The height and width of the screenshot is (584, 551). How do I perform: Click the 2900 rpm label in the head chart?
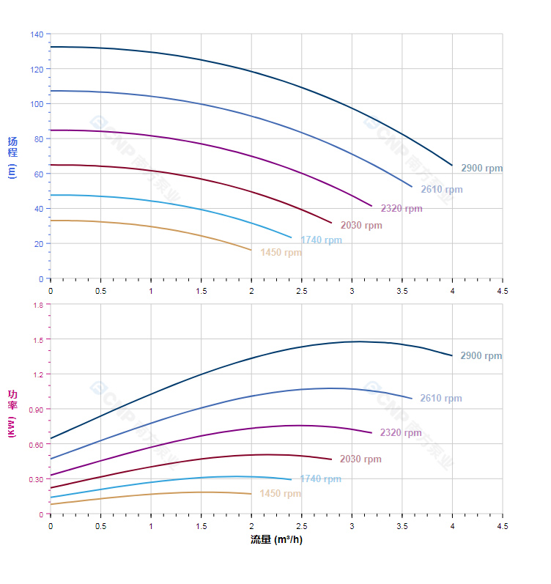[482, 169]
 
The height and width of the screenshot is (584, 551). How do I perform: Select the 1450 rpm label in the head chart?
[281, 253]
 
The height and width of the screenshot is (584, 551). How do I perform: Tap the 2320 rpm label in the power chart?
[401, 433]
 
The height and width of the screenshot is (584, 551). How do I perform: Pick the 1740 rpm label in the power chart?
[320, 479]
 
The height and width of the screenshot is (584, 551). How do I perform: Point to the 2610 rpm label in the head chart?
[442, 190]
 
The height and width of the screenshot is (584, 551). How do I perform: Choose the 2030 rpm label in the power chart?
[360, 459]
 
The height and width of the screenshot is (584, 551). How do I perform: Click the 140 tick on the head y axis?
[37, 34]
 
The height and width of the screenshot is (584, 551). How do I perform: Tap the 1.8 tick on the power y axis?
[37, 305]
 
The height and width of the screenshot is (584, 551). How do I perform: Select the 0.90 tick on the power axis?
[35, 409]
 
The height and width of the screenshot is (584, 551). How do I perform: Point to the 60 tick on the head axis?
[39, 174]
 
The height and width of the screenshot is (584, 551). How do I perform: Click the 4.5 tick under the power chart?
[503, 526]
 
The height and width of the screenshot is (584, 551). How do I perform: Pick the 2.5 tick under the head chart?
[301, 291]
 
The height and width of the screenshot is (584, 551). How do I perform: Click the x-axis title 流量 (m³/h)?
[276, 540]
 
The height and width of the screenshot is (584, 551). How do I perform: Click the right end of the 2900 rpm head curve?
[452, 166]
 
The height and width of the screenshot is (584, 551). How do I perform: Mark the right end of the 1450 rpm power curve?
[251, 494]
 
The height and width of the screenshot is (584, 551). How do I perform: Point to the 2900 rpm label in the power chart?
[481, 356]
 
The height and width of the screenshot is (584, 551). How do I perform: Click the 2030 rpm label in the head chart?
[361, 226]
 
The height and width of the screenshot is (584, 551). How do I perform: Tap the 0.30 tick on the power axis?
[35, 479]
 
